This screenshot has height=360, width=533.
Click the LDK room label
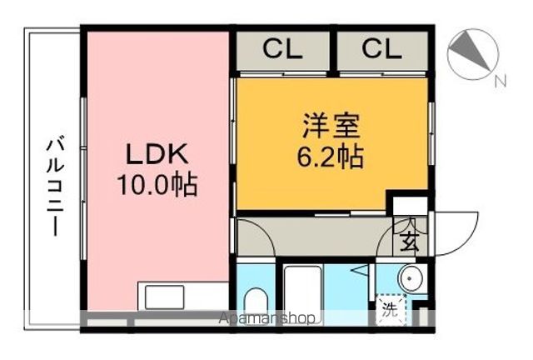(157, 154)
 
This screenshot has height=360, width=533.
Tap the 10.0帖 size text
(157, 183)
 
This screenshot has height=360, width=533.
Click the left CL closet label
(283, 50)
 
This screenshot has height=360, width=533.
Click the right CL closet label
(381, 50)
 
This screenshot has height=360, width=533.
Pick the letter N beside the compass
(500, 82)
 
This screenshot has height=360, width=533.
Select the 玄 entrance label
(410, 242)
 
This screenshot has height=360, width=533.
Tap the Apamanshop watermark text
(266, 318)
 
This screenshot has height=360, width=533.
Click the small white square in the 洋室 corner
(409, 203)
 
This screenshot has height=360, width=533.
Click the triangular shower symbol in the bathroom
(356, 270)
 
